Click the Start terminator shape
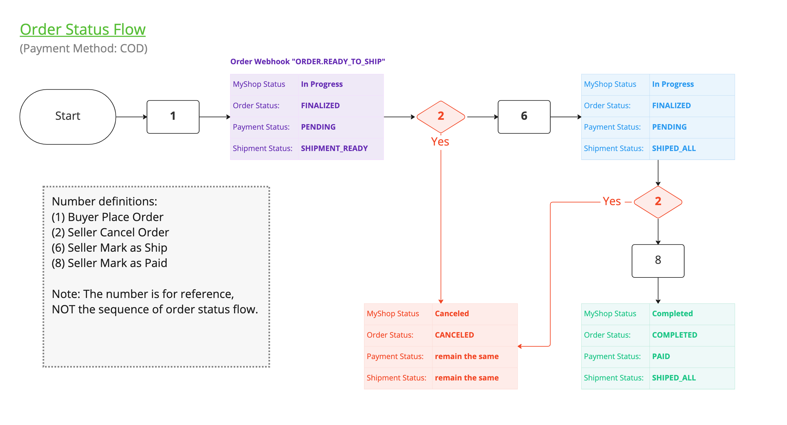(x=67, y=116)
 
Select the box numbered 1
(x=173, y=116)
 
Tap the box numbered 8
(x=657, y=260)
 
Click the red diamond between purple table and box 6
(x=440, y=116)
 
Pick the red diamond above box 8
(x=657, y=202)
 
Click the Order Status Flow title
(x=82, y=30)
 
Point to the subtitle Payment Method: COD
(x=83, y=48)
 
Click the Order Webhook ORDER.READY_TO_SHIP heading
(x=307, y=61)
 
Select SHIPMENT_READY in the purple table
(x=334, y=148)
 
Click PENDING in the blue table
(x=669, y=127)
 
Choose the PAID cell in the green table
(x=661, y=356)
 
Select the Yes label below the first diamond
(x=440, y=141)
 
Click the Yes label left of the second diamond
(x=611, y=201)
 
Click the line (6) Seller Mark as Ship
(x=109, y=247)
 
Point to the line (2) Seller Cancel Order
(x=110, y=232)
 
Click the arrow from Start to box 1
(x=131, y=117)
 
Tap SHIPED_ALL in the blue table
(x=673, y=148)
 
